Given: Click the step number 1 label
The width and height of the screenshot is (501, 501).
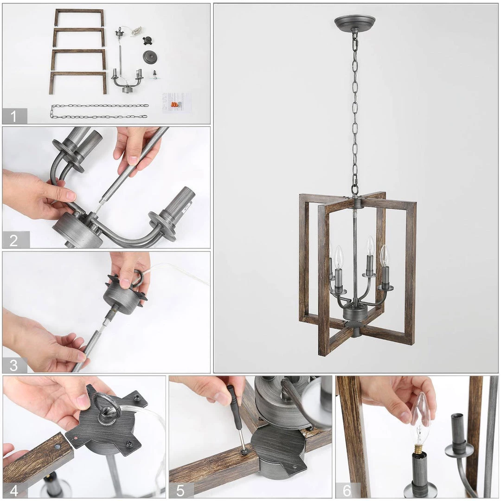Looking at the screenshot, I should point(14,116).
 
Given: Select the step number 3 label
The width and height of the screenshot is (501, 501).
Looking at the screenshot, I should point(14,365).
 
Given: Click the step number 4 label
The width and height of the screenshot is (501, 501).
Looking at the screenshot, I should point(14,489).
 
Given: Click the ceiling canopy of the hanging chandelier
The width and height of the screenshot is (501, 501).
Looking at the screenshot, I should point(355,22).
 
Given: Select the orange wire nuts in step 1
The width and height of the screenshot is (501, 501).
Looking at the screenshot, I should point(174,105).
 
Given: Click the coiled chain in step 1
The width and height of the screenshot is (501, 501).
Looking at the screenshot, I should point(99,111).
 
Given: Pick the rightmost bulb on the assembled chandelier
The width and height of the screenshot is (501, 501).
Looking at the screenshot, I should point(385,257).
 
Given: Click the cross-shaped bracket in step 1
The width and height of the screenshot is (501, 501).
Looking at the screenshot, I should point(148,40).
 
